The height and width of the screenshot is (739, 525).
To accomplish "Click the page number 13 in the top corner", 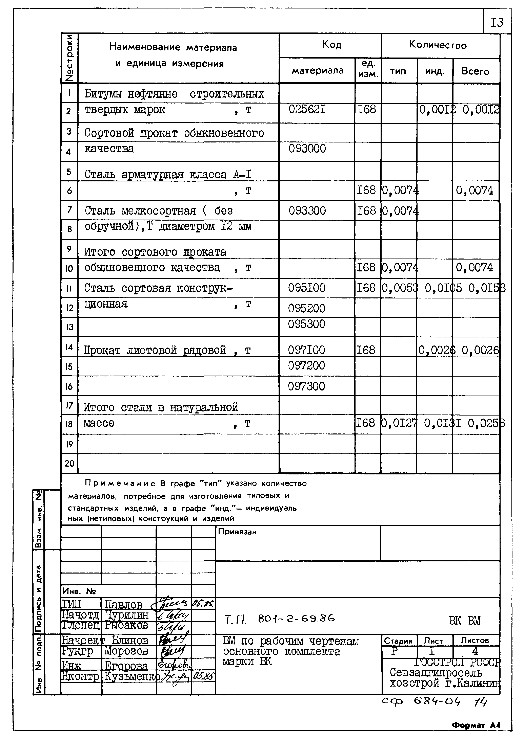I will click(x=497, y=23).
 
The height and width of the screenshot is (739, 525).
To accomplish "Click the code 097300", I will click(x=306, y=386).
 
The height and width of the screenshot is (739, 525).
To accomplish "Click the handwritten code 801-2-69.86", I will click(x=296, y=619).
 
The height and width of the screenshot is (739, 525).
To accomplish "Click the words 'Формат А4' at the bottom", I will click(x=476, y=725).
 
